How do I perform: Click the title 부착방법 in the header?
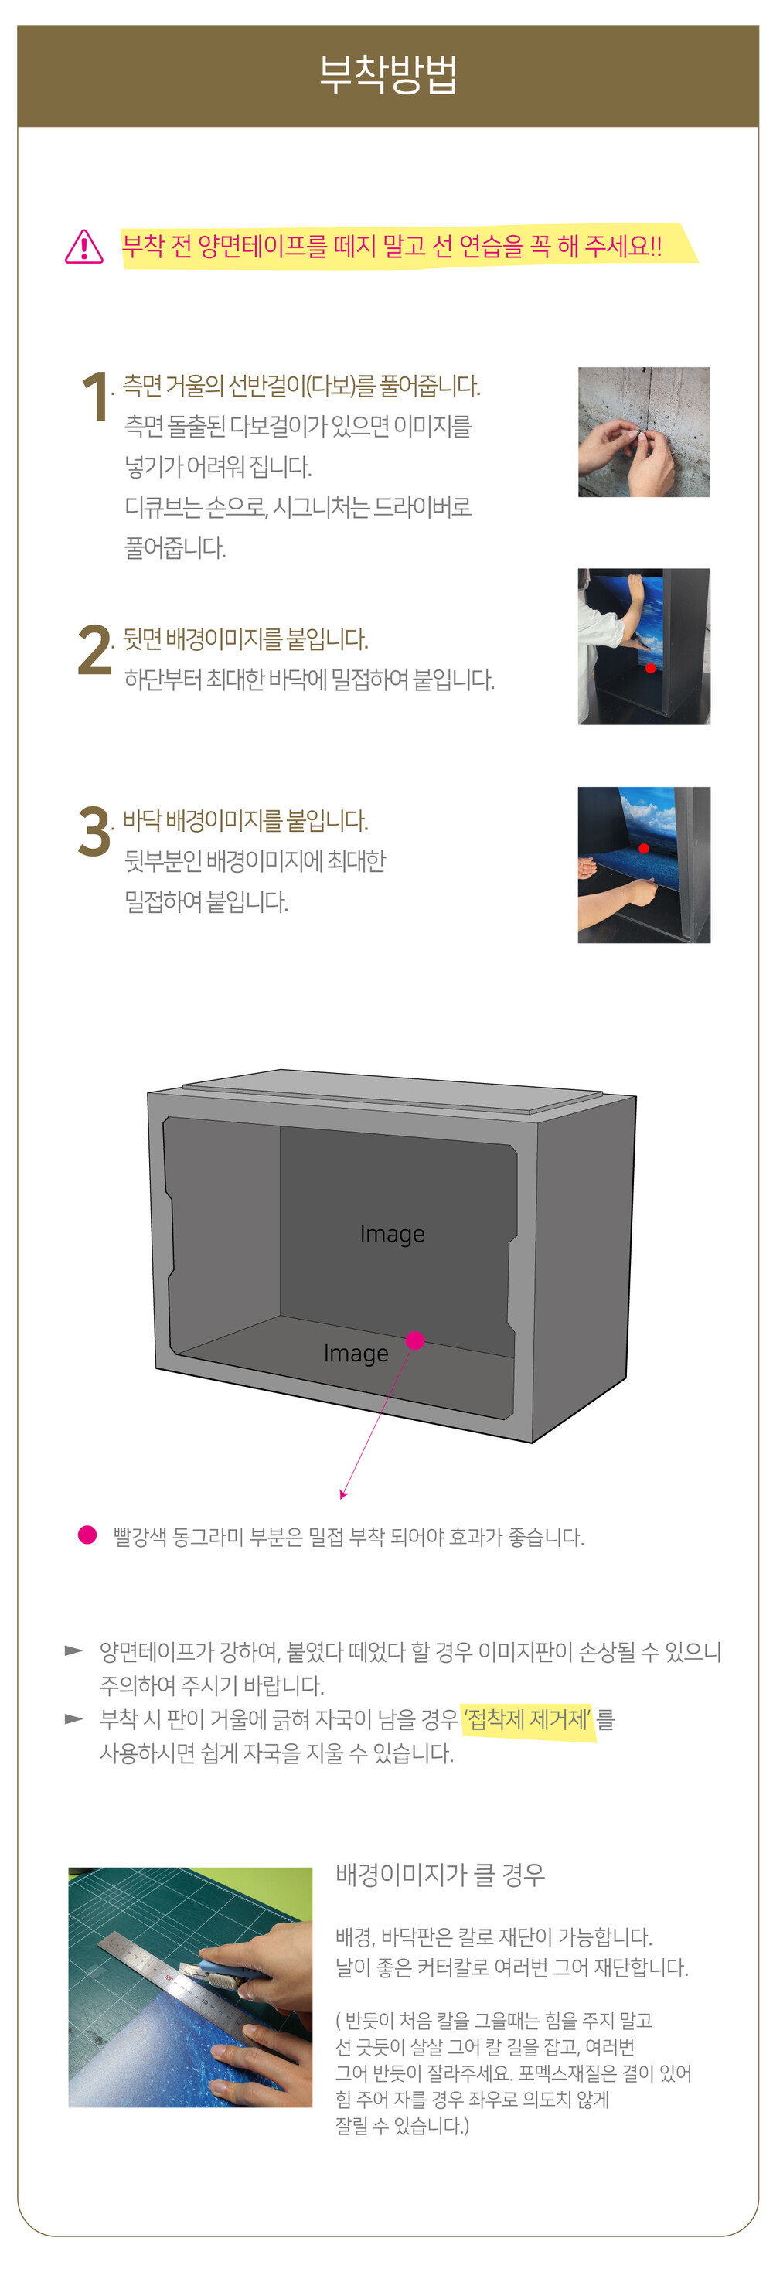tap(387, 75)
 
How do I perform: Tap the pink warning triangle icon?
tap(83, 246)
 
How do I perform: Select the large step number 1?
tap(94, 396)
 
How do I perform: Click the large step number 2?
tap(94, 650)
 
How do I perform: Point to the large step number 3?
tap(94, 831)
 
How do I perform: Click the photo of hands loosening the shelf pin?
tap(643, 432)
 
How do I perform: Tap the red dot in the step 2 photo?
tap(650, 668)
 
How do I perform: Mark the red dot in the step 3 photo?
tap(643, 849)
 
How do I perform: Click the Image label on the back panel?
tap(392, 1234)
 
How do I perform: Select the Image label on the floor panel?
tap(356, 1353)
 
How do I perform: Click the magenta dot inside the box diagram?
tap(415, 1340)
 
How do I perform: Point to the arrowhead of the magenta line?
tap(342, 1495)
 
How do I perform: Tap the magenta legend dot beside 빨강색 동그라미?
tap(87, 1535)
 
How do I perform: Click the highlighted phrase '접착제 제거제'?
tap(528, 1719)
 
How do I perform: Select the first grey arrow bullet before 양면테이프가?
tap(74, 1650)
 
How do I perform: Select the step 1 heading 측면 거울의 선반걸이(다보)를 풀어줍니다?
tap(301, 387)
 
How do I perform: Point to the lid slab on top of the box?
tap(393, 1085)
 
